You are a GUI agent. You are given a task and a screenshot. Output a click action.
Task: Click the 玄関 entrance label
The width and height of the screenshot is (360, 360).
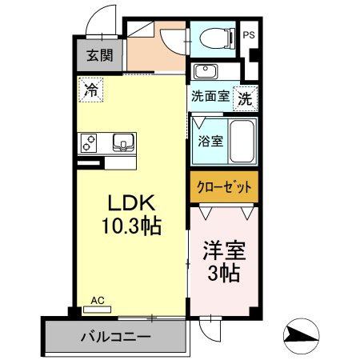pos(100,55)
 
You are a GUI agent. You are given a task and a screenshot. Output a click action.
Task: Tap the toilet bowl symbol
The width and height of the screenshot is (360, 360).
pos(217,38)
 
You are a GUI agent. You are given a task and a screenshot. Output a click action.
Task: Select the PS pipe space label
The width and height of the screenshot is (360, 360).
pos(249,35)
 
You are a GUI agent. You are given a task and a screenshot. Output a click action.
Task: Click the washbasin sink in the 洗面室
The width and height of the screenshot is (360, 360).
pos(206,71)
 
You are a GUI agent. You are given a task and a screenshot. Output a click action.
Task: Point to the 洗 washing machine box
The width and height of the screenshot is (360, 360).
pos(245,99)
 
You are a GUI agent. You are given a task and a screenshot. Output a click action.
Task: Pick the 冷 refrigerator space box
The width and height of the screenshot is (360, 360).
pos(91,90)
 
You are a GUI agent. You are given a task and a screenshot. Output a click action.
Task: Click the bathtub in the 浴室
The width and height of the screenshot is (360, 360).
pos(242,141)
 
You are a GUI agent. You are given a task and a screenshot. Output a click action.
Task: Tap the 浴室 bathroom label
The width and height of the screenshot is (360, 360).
pos(210,141)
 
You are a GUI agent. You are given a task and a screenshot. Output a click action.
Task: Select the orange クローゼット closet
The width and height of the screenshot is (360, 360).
pos(224,187)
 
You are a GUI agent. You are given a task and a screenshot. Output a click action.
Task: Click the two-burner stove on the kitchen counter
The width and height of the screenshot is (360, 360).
pos(89,143)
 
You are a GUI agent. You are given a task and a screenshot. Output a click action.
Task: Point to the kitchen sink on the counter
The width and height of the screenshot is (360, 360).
pos(123,142)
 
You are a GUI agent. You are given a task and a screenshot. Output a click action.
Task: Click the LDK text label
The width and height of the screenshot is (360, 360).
pos(131,203)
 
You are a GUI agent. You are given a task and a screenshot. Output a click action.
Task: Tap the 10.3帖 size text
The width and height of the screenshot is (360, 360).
pos(131,226)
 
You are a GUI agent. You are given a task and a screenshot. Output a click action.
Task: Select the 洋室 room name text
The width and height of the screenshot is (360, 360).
pos(224,251)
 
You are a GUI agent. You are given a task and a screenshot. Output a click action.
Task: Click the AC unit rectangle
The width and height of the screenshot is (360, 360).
pos(97,310)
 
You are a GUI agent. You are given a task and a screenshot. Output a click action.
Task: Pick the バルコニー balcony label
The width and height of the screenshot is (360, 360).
pos(115,337)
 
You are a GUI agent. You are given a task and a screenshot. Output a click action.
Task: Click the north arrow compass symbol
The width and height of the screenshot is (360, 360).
pos(302,336)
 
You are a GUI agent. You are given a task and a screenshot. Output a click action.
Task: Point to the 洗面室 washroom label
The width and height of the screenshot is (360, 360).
pos(210,96)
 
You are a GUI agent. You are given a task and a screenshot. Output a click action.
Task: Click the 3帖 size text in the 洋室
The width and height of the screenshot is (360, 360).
pos(223,274)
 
